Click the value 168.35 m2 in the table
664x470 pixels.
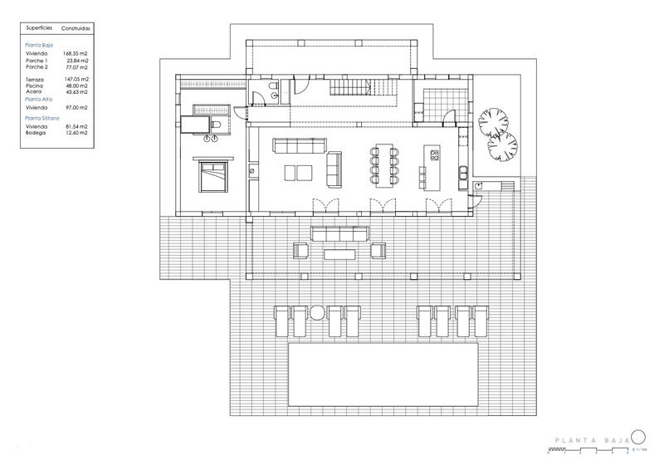coord(76,53)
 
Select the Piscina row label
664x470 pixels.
coord(34,86)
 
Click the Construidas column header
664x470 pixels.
coord(76,27)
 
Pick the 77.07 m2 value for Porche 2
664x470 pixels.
coord(76,66)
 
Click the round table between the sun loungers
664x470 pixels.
coord(317,312)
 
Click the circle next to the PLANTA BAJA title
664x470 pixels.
coord(637,438)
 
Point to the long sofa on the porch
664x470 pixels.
coord(339,232)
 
